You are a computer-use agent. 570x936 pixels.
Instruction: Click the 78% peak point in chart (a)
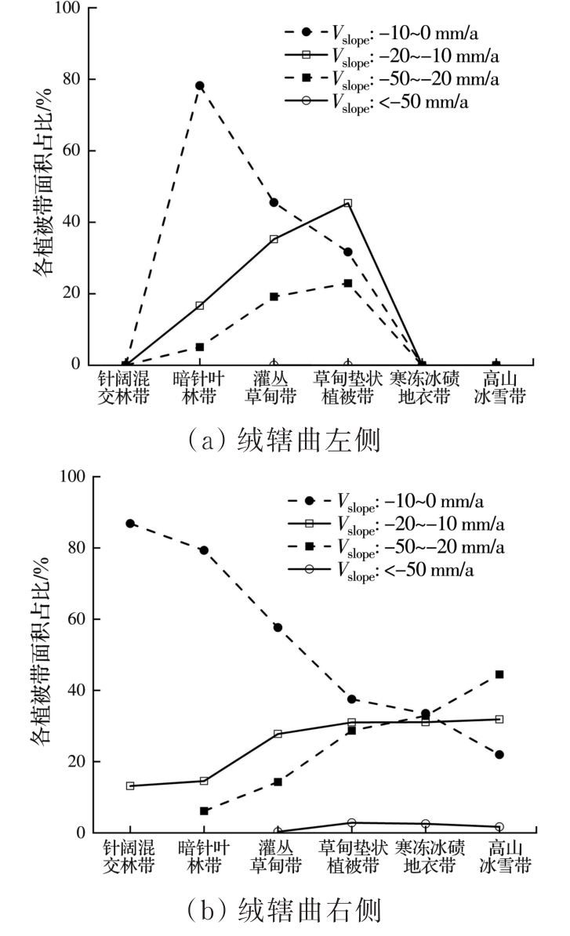(200, 85)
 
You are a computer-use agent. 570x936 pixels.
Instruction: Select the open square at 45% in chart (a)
(347, 203)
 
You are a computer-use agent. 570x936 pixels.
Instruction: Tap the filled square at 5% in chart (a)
(200, 346)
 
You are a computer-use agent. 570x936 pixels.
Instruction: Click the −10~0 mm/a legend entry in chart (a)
(396, 32)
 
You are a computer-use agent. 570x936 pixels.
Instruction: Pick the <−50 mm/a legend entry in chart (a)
(396, 102)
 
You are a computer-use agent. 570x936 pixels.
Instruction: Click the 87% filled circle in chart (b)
(129, 523)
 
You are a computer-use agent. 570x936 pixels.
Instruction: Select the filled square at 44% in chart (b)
(499, 674)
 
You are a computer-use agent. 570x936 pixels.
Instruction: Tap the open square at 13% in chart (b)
(129, 785)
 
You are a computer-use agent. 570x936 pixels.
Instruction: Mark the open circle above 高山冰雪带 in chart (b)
(499, 827)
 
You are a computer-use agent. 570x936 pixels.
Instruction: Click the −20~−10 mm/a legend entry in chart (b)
(396, 523)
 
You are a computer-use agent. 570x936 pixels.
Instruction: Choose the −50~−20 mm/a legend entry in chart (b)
(396, 546)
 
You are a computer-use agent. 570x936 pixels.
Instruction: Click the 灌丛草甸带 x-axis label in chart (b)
(278, 856)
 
